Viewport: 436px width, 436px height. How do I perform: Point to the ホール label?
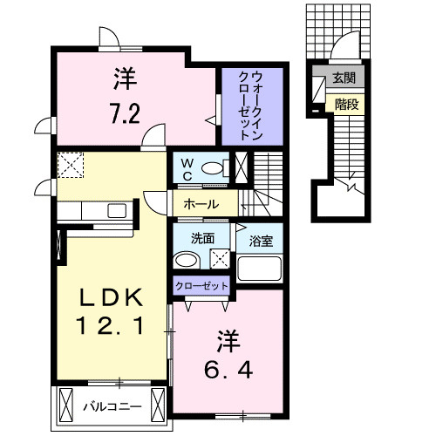coord(200,204)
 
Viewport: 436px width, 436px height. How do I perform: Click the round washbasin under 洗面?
coord(183,261)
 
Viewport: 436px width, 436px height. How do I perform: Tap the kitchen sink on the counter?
coord(115,210)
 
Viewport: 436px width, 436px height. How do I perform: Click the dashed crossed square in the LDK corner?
coord(70,164)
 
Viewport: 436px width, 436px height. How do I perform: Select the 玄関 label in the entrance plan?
coord(342,78)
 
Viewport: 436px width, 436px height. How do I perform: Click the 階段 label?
coord(343,103)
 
